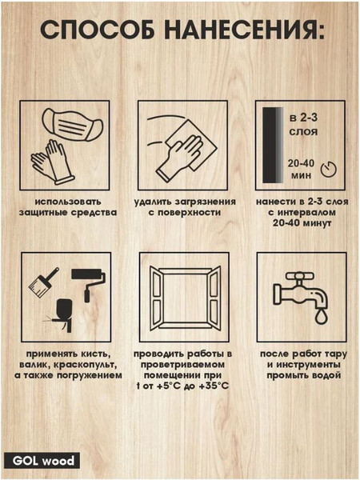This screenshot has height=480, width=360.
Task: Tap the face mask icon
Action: point(72,125)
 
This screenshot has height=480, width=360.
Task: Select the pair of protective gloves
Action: point(53,162)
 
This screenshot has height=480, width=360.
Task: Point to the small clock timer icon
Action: point(328,169)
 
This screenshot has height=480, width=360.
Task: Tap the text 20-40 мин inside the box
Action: point(301,169)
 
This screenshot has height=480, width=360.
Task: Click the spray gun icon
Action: point(62,314)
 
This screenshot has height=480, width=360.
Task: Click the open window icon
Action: point(186,298)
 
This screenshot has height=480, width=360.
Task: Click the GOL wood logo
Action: point(42,461)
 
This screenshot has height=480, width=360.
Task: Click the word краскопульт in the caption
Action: point(86,365)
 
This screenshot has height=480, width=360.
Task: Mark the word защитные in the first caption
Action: point(43,213)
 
